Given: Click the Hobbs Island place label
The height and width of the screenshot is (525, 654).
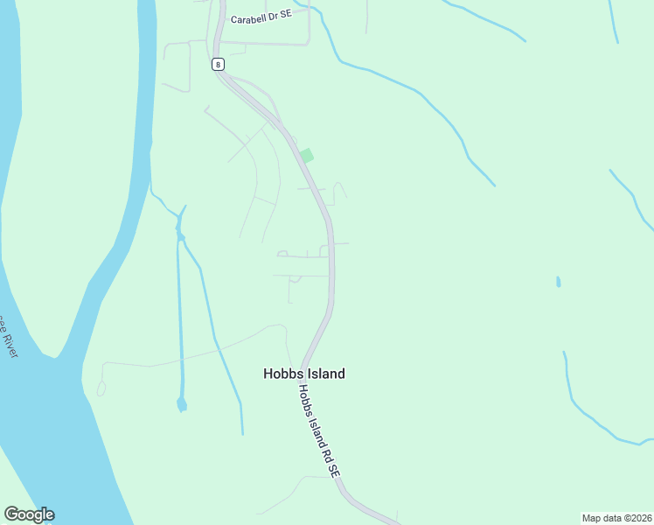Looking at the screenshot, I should (304, 374).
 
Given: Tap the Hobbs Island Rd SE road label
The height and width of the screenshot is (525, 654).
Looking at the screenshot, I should (316, 431).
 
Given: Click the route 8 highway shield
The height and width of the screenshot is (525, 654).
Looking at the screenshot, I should (217, 64).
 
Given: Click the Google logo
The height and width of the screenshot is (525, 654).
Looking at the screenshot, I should (30, 514).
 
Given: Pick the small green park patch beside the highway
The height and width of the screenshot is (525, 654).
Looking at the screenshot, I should (306, 156).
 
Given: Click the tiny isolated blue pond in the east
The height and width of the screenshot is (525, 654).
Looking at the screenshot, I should (558, 282).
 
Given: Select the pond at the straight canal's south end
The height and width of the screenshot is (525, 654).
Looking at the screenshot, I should (181, 404).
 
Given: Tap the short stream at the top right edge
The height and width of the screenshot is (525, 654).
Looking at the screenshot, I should (615, 22).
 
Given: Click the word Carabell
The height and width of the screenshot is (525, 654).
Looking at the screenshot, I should (248, 18).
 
